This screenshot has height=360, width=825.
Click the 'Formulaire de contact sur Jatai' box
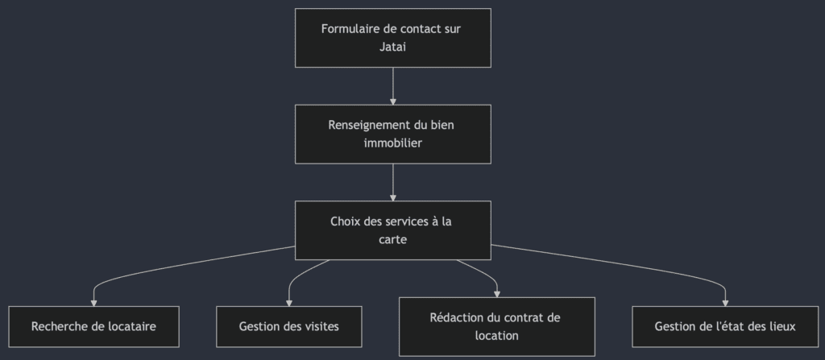point(392,38)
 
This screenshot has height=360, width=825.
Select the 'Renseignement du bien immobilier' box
point(392,134)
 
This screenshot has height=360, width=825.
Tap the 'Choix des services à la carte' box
point(392,230)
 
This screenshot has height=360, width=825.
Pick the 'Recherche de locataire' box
point(93,326)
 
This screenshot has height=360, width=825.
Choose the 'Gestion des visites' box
point(288,326)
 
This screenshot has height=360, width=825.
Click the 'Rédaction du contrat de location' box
point(496,326)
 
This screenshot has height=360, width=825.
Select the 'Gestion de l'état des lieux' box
point(725,326)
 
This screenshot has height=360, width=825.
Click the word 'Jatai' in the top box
point(392,47)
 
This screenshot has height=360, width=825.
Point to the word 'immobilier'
point(392,143)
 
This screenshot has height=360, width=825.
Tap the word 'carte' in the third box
point(392,239)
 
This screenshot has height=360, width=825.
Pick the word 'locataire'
point(129,326)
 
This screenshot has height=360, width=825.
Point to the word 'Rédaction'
point(457,317)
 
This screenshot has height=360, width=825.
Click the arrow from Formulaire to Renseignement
point(392,85)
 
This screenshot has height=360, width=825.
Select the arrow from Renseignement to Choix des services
point(392,181)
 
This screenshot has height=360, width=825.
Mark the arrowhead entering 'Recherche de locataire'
point(93,302)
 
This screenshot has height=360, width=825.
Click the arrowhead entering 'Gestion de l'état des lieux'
point(725,302)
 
